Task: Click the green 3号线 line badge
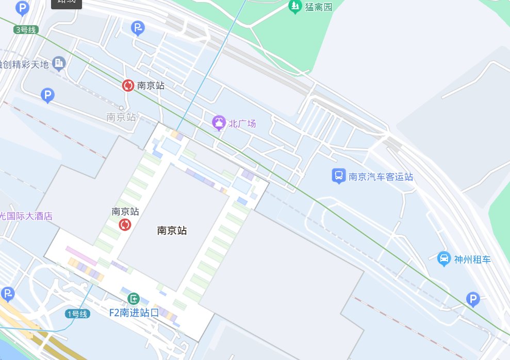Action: click(26, 30)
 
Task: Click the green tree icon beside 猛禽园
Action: click(294, 6)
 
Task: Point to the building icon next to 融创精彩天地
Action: click(59, 63)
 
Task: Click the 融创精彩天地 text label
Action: click(24, 64)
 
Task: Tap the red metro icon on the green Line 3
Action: click(128, 86)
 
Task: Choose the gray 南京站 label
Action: click(121, 117)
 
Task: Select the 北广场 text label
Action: click(242, 123)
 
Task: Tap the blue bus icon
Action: click(338, 176)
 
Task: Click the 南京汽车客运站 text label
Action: click(381, 177)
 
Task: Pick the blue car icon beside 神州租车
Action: click(443, 258)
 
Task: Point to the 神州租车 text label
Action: click(472, 259)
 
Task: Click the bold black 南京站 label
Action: click(172, 231)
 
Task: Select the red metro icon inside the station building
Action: click(125, 224)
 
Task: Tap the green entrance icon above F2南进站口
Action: click(134, 298)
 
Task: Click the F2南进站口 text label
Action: click(134, 312)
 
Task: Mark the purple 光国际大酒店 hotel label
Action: click(26, 216)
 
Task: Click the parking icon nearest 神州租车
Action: click(472, 299)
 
